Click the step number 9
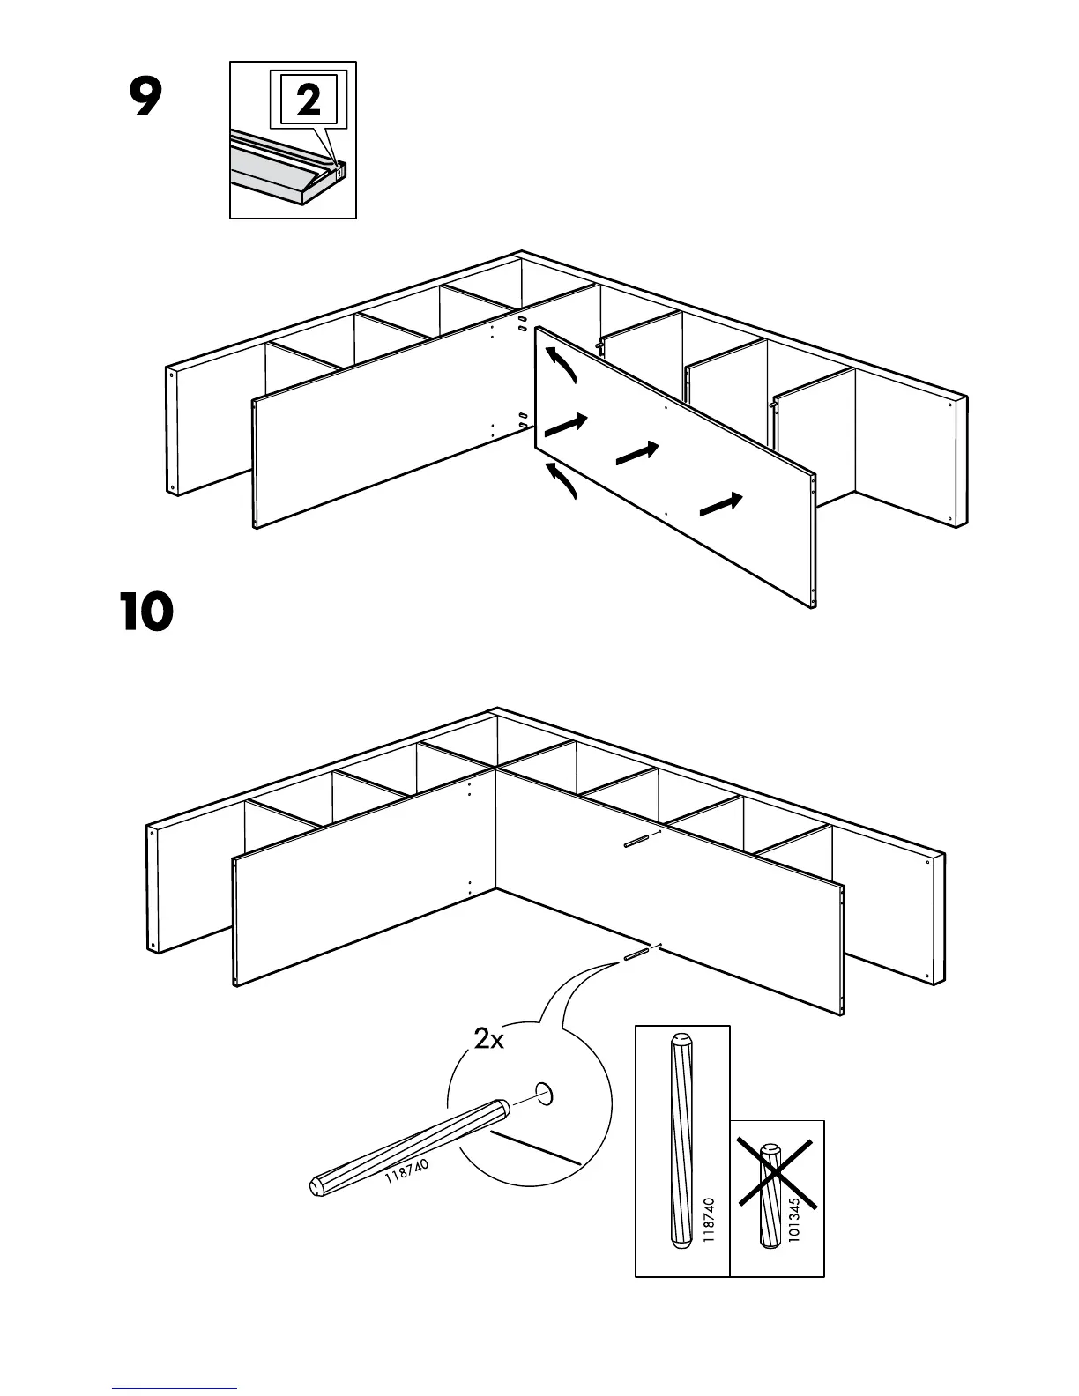point(145,98)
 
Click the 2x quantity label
point(489,1040)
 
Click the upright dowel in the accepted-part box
point(681,1142)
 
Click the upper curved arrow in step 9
point(561,365)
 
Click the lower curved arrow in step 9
point(561,480)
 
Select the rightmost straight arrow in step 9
point(722,505)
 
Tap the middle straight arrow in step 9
point(637,453)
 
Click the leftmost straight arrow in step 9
point(566,425)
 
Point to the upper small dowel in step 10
point(638,840)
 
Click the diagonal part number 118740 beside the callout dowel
point(407,1172)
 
